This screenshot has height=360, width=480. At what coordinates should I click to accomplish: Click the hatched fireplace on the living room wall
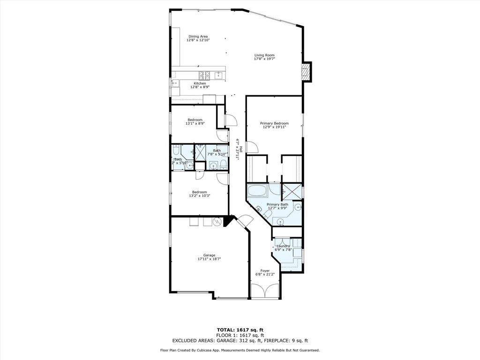[x=306, y=72]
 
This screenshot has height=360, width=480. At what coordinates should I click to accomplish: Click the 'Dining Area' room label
[x=198, y=36]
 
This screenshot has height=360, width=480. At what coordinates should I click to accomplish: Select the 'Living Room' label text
[x=264, y=55]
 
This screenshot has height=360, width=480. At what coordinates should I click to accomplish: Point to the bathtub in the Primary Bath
[x=256, y=191]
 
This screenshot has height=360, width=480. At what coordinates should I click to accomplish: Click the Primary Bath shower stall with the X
[x=291, y=190]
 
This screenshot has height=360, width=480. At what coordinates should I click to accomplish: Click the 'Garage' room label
[x=209, y=255]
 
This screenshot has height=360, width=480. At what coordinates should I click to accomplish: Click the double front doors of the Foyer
[x=265, y=291]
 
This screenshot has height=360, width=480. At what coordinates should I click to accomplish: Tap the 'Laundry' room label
[x=283, y=246]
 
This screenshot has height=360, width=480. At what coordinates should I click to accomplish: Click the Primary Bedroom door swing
[x=252, y=147]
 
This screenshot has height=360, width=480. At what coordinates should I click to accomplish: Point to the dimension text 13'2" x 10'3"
[x=199, y=195]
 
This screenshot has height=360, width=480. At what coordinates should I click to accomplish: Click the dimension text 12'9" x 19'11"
[x=274, y=127]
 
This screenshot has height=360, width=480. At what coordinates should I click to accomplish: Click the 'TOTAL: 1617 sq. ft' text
[x=240, y=330]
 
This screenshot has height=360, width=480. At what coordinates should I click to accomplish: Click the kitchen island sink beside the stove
[x=218, y=75]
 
